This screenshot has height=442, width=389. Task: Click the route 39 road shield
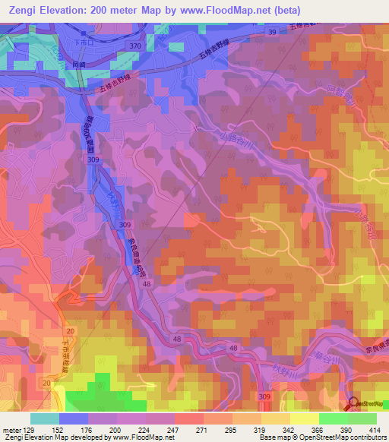[271, 31]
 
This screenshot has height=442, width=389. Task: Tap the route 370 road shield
[135, 46]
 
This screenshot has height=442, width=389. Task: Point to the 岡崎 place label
[78, 66]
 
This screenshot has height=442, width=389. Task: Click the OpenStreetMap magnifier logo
[353, 404]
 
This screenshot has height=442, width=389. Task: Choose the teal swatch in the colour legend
[45, 418]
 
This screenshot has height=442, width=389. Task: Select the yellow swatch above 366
[304, 418]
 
